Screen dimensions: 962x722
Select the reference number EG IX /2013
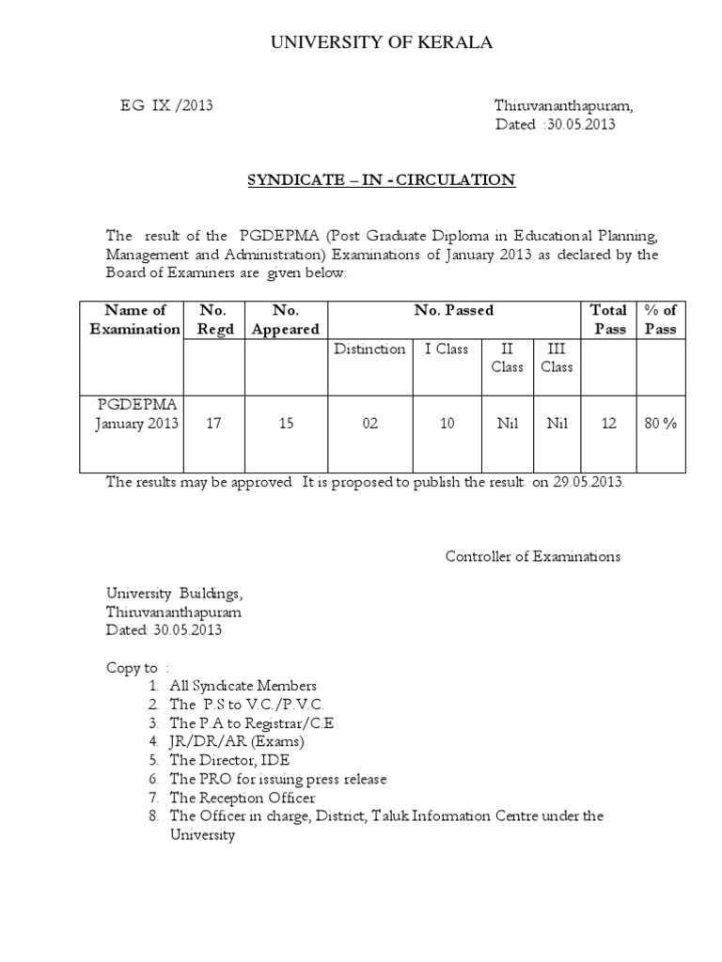tap(166, 105)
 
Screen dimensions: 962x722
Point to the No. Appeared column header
tap(285, 319)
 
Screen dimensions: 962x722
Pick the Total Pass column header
tap(609, 319)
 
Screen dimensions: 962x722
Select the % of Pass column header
tap(661, 319)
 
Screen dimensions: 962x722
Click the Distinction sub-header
tap(369, 349)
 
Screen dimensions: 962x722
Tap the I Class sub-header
tap(447, 349)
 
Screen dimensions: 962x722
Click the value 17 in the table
tap(213, 424)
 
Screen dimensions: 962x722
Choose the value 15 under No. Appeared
tap(285, 424)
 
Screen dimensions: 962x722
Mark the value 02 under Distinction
tap(369, 424)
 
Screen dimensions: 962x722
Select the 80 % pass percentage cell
tap(661, 424)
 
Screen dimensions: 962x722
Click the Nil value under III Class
tap(557, 424)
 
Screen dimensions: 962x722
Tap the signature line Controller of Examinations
tap(532, 556)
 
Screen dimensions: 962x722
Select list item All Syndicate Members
tap(243, 686)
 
